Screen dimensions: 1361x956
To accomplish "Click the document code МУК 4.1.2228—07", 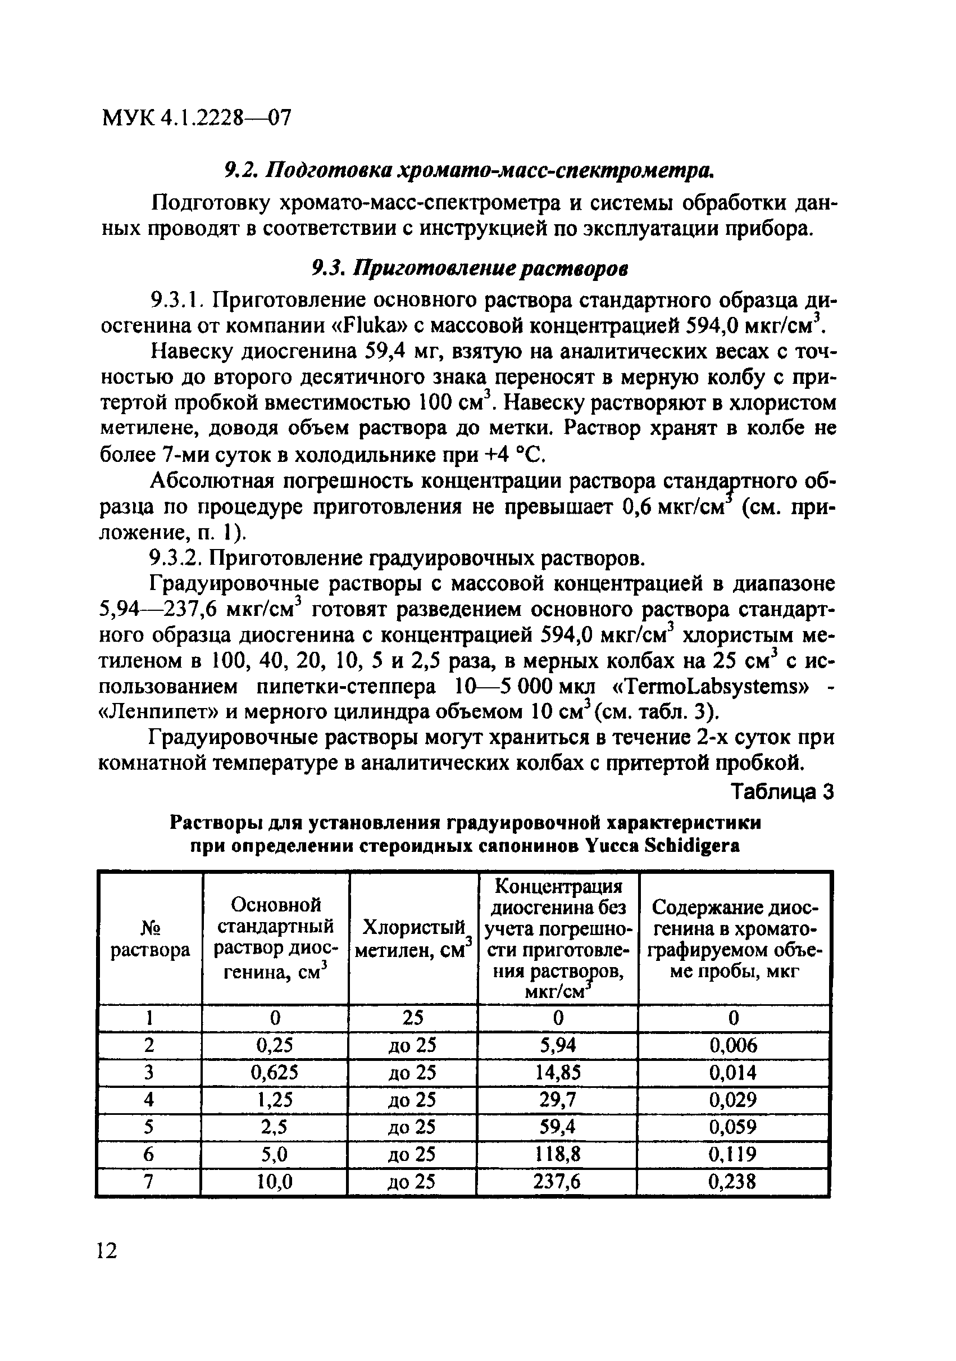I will coord(197,119).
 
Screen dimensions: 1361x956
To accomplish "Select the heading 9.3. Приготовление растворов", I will coord(470,269).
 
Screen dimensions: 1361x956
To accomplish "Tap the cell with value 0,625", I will coord(275,1072).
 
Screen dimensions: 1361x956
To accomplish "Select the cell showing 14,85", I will coord(557,1072).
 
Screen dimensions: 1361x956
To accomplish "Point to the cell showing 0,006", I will coord(733,1045).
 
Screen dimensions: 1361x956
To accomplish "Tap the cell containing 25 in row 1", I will coord(413,1017).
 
